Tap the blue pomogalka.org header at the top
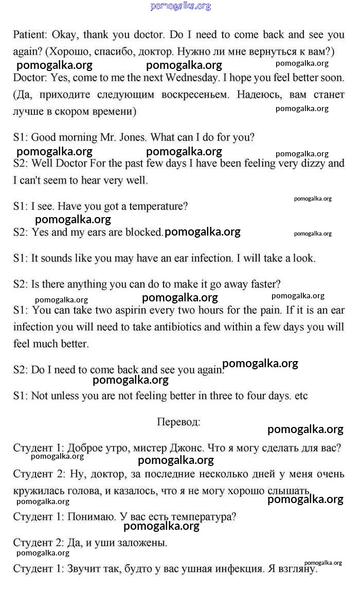(x=181, y=6)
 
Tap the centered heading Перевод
(x=178, y=422)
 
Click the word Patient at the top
(x=30, y=35)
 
